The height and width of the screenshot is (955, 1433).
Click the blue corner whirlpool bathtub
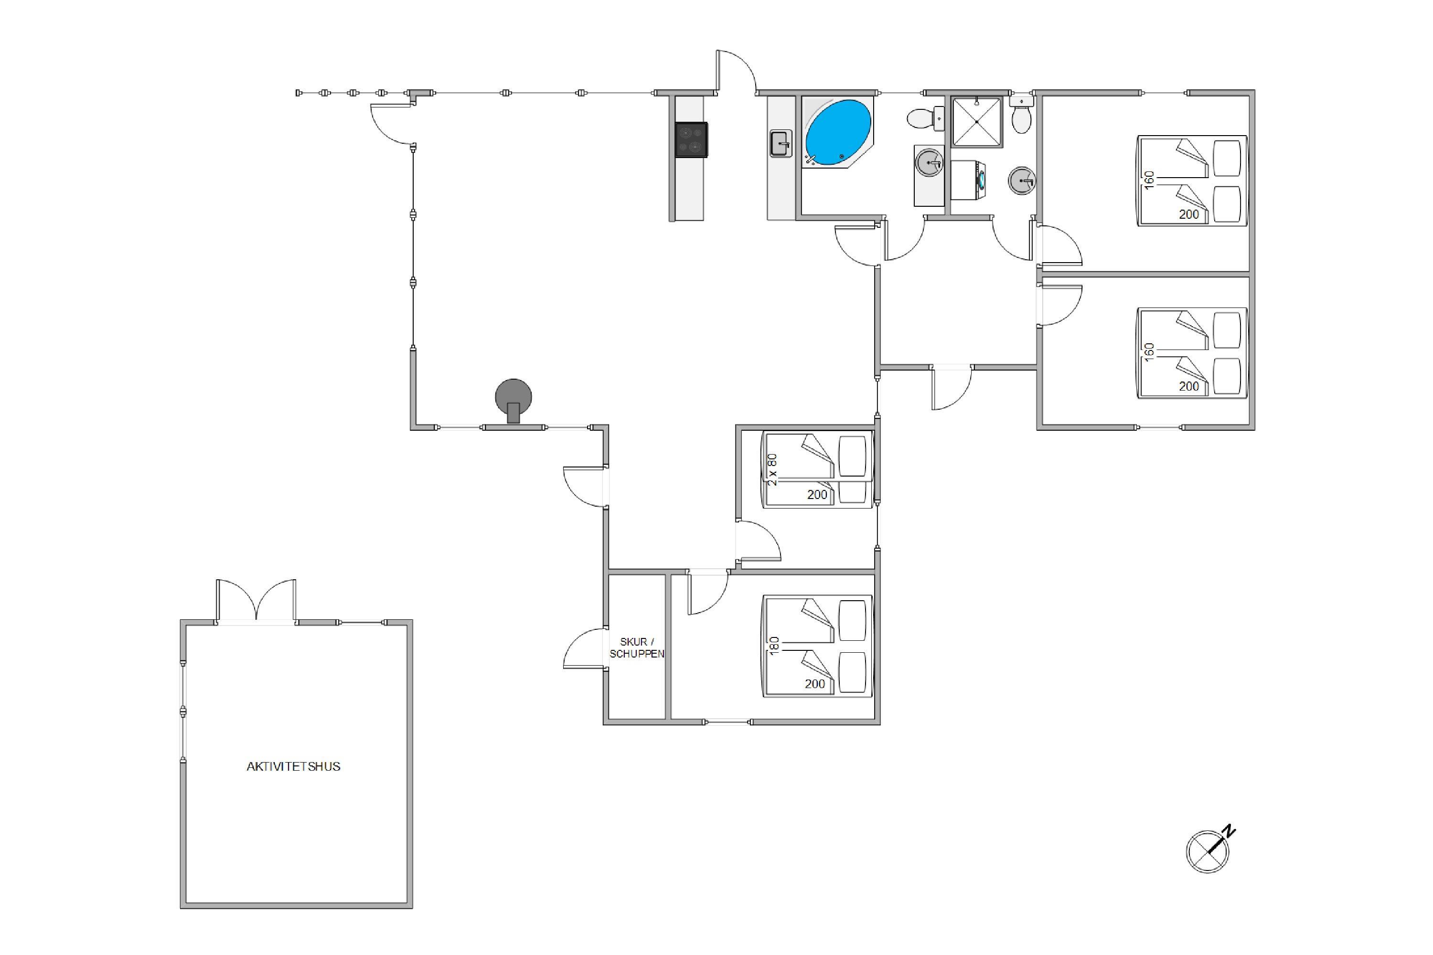coord(838,133)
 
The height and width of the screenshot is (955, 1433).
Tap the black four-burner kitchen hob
coord(692,140)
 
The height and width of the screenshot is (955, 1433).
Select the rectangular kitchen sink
coord(781,144)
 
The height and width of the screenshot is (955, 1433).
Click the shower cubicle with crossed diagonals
coord(977,122)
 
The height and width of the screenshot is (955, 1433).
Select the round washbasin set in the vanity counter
coord(929,163)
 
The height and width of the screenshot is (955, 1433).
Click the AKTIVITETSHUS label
coord(293,767)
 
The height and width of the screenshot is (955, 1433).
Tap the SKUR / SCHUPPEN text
coord(637,647)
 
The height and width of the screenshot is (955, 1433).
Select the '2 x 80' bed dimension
coord(772,469)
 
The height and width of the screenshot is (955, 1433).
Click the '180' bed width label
coord(774,646)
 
